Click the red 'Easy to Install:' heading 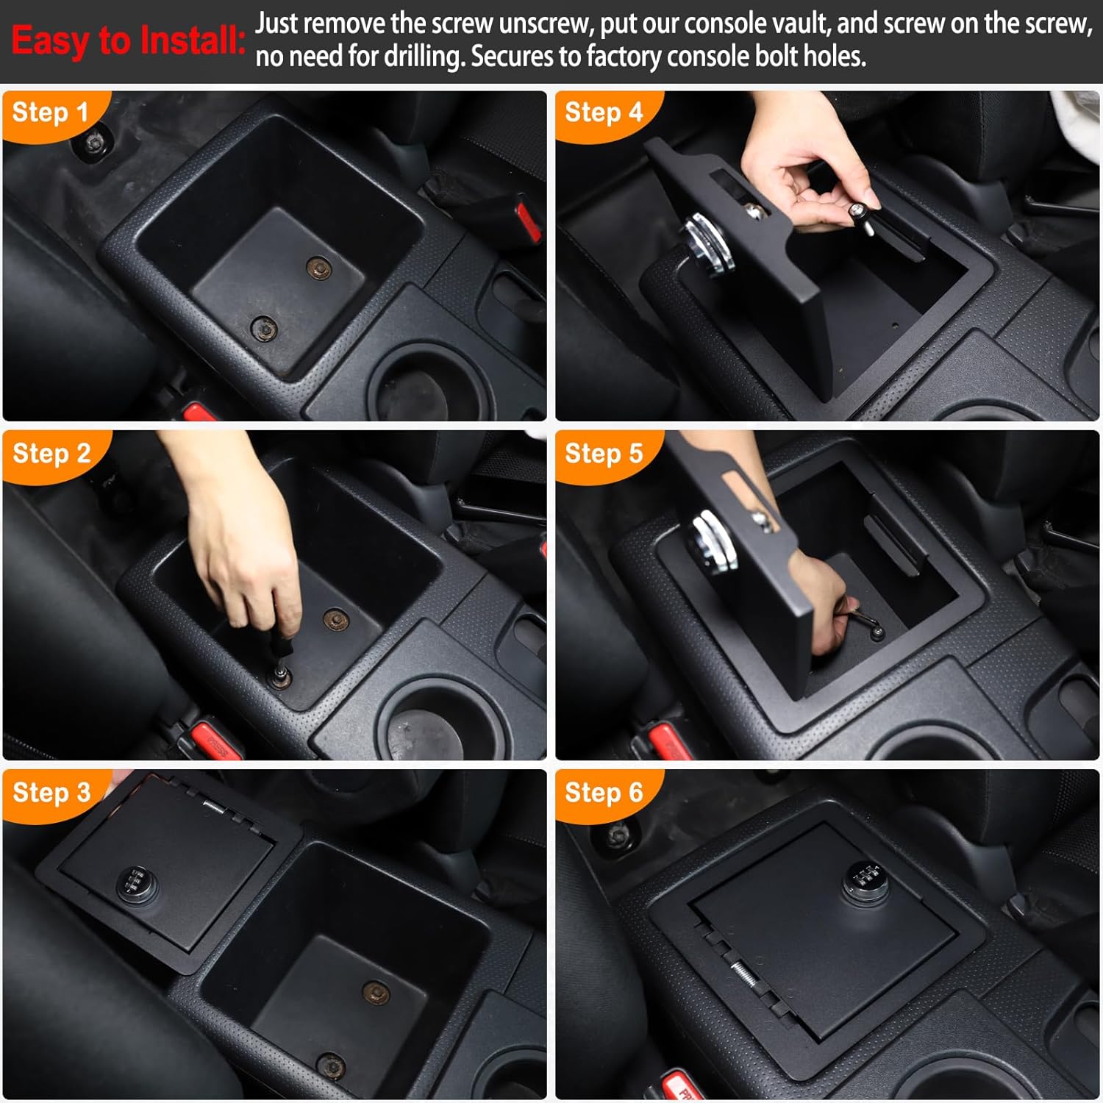(128, 40)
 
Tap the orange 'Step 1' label (50, 113)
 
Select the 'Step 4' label (603, 113)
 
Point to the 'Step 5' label (603, 453)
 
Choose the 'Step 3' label (51, 792)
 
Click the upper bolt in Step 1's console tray (318, 268)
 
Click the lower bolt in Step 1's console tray (263, 328)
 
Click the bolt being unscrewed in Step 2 (279, 675)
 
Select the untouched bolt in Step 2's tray (336, 619)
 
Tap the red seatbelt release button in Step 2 (216, 738)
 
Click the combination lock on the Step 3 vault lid (137, 882)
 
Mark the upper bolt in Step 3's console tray (376, 993)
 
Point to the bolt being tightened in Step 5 (875, 629)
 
